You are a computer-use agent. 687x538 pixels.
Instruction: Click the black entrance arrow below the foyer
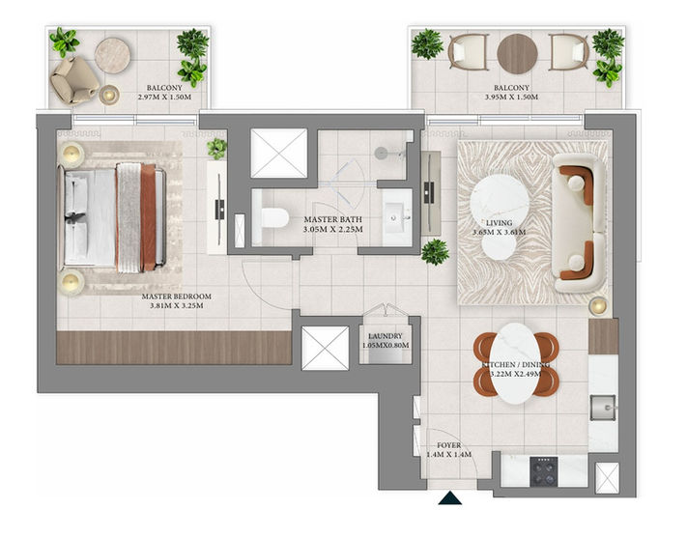pyautogui.click(x=450, y=498)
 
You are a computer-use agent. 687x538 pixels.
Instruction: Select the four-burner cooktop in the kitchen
pyautogui.click(x=544, y=471)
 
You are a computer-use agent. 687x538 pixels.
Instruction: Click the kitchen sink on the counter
pyautogui.click(x=603, y=408)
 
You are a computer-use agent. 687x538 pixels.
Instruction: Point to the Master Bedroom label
pyautogui.click(x=177, y=297)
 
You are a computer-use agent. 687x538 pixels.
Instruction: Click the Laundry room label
pyautogui.click(x=386, y=336)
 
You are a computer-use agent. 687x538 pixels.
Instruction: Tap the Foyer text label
pyautogui.click(x=449, y=445)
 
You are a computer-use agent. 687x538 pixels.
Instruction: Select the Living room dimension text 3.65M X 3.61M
pyautogui.click(x=499, y=232)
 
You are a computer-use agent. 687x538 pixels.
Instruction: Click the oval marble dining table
pyautogui.click(x=516, y=364)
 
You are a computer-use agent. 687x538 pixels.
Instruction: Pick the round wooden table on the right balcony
pyautogui.click(x=518, y=54)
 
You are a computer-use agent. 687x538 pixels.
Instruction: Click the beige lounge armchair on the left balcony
pyautogui.click(x=73, y=80)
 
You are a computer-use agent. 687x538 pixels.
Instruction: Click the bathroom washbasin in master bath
pyautogui.click(x=397, y=217)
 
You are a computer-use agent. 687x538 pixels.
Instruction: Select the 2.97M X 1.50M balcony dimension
pyautogui.click(x=164, y=98)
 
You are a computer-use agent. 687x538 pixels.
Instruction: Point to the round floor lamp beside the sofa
pyautogui.click(x=598, y=305)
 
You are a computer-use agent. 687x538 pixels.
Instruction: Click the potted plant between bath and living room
pyautogui.click(x=435, y=252)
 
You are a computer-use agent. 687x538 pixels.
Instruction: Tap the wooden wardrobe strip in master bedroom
pyautogui.click(x=174, y=348)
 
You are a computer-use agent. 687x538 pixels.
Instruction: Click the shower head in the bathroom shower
pyautogui.click(x=381, y=153)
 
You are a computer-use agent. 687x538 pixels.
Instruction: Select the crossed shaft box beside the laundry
pyautogui.click(x=326, y=349)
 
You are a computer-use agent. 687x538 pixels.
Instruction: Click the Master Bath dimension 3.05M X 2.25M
pyautogui.click(x=333, y=229)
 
